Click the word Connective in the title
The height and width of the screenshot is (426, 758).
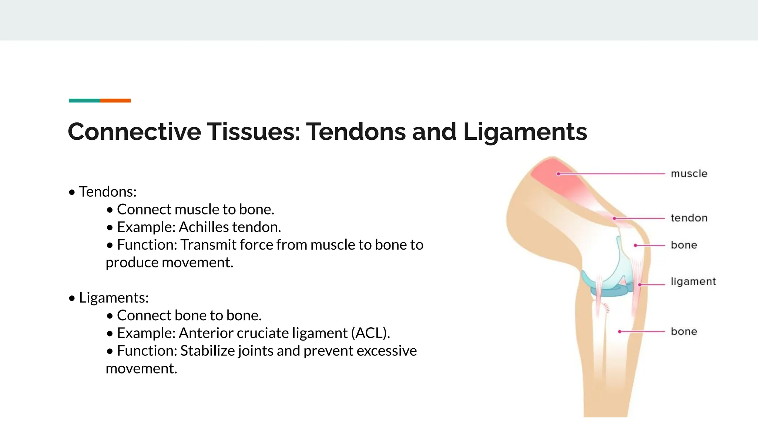pos(134,132)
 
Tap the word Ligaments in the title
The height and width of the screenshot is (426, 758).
pos(525,132)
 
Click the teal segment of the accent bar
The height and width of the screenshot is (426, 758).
pos(84,101)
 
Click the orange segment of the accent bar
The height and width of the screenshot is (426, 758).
pos(115,101)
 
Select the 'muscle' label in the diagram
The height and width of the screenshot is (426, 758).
pos(689,174)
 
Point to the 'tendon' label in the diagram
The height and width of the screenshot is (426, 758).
pos(689,218)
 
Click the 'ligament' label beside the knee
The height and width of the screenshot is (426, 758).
pos(693,282)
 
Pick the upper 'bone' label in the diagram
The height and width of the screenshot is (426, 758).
pos(684,246)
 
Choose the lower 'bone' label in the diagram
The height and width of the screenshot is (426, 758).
pos(684,332)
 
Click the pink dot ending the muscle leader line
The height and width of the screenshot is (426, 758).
pos(559,174)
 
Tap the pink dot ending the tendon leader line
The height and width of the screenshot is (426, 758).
pos(614,219)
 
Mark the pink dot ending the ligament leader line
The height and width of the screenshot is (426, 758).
pos(640,284)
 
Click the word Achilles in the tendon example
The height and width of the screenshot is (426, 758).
pos(204,227)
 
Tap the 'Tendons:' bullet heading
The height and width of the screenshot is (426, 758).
pos(107,192)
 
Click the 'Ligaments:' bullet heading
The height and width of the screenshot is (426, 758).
pos(114,298)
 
